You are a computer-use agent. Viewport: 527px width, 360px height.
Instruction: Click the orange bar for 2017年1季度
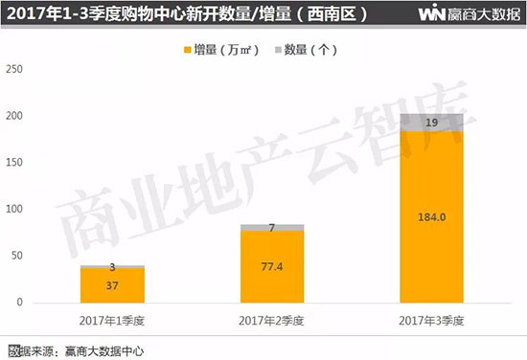(112, 284)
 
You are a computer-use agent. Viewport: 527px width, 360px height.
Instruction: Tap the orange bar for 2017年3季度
(431, 239)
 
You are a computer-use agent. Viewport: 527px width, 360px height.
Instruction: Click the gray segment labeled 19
(431, 123)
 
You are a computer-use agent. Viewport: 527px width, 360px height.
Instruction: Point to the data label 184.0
(432, 217)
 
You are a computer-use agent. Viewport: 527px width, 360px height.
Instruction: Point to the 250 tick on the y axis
(13, 69)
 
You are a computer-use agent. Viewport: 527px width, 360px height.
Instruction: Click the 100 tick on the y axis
(13, 209)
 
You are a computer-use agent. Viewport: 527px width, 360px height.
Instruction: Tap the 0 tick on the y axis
(18, 302)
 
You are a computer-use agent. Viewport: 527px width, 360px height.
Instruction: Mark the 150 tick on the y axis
(13, 162)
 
